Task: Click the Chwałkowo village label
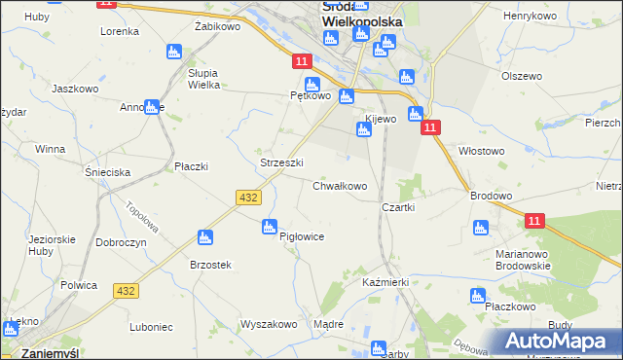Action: [x=340, y=186]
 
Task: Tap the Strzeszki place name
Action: [x=282, y=162]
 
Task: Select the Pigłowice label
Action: [x=301, y=236]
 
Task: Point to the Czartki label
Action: [x=399, y=207]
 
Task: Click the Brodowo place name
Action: [x=491, y=196]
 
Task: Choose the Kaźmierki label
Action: [x=385, y=281]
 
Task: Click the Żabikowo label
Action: [x=217, y=27]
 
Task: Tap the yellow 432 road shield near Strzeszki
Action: [x=247, y=198]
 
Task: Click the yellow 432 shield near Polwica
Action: [x=126, y=291]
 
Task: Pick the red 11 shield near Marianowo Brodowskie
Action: [x=533, y=222]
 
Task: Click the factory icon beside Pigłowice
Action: [x=270, y=227]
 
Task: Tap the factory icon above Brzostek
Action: [x=204, y=236]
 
